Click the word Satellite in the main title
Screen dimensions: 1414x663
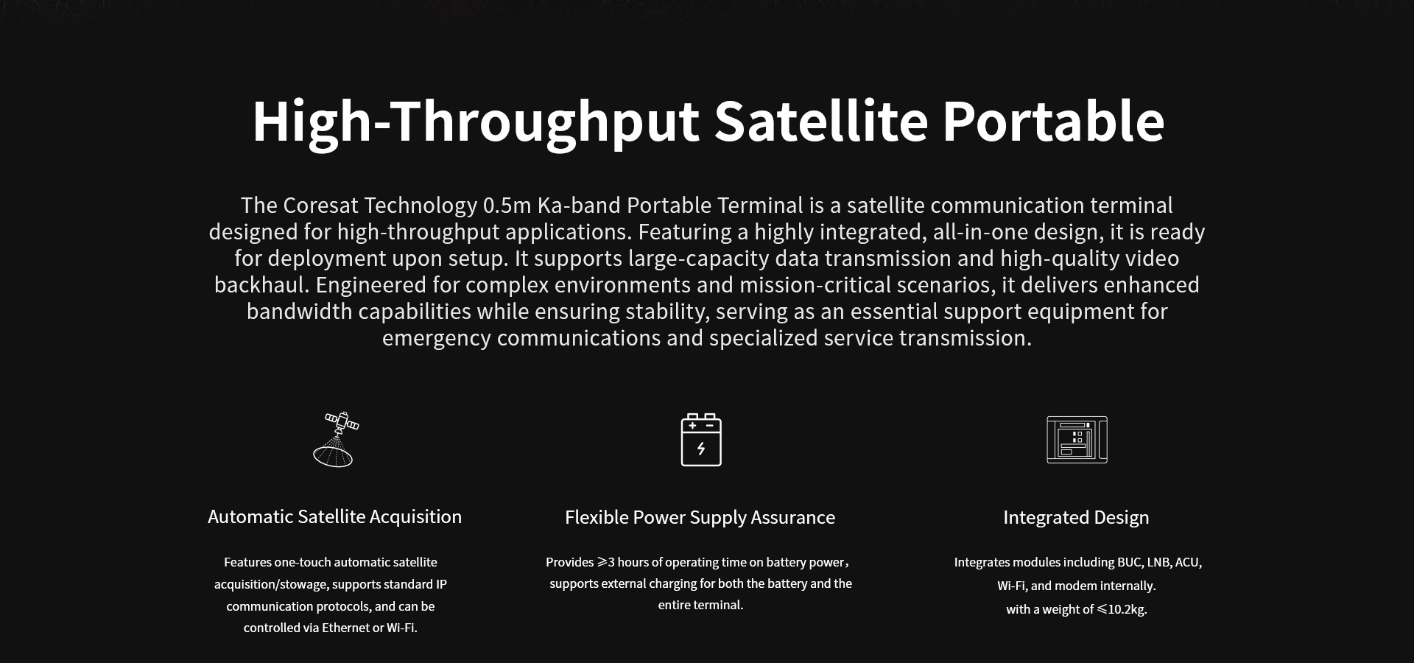[x=820, y=121]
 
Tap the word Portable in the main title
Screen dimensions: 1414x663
[x=1054, y=121]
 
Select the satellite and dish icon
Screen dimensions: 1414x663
[x=337, y=439]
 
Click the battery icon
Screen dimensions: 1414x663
[x=701, y=440]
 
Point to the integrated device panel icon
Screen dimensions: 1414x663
[x=1077, y=440]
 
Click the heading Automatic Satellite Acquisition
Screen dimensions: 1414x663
[x=334, y=517]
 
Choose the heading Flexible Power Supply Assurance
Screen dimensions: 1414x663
[x=700, y=518]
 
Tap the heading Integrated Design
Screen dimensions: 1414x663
[x=1076, y=518]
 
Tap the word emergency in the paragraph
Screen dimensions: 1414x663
[x=436, y=339]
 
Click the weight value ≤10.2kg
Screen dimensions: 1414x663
[x=1122, y=609]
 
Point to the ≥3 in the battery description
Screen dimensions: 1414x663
[x=605, y=562]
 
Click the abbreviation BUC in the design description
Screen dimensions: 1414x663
[x=1130, y=562]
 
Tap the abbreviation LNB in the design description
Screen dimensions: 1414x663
[x=1158, y=562]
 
